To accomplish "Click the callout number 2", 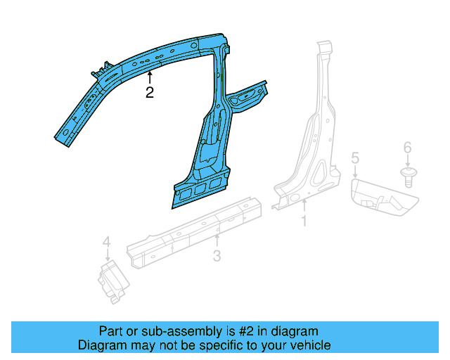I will tap(150, 93).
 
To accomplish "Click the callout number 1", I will tap(304, 221).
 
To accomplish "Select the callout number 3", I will tap(217, 256).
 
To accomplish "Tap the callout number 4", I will tap(106, 243).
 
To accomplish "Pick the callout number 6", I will tap(407, 148).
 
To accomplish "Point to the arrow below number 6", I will tap(407, 161).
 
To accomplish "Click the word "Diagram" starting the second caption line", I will tap(101, 345).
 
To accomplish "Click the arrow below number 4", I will tap(106, 255).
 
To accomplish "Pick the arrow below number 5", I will tap(355, 170).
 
